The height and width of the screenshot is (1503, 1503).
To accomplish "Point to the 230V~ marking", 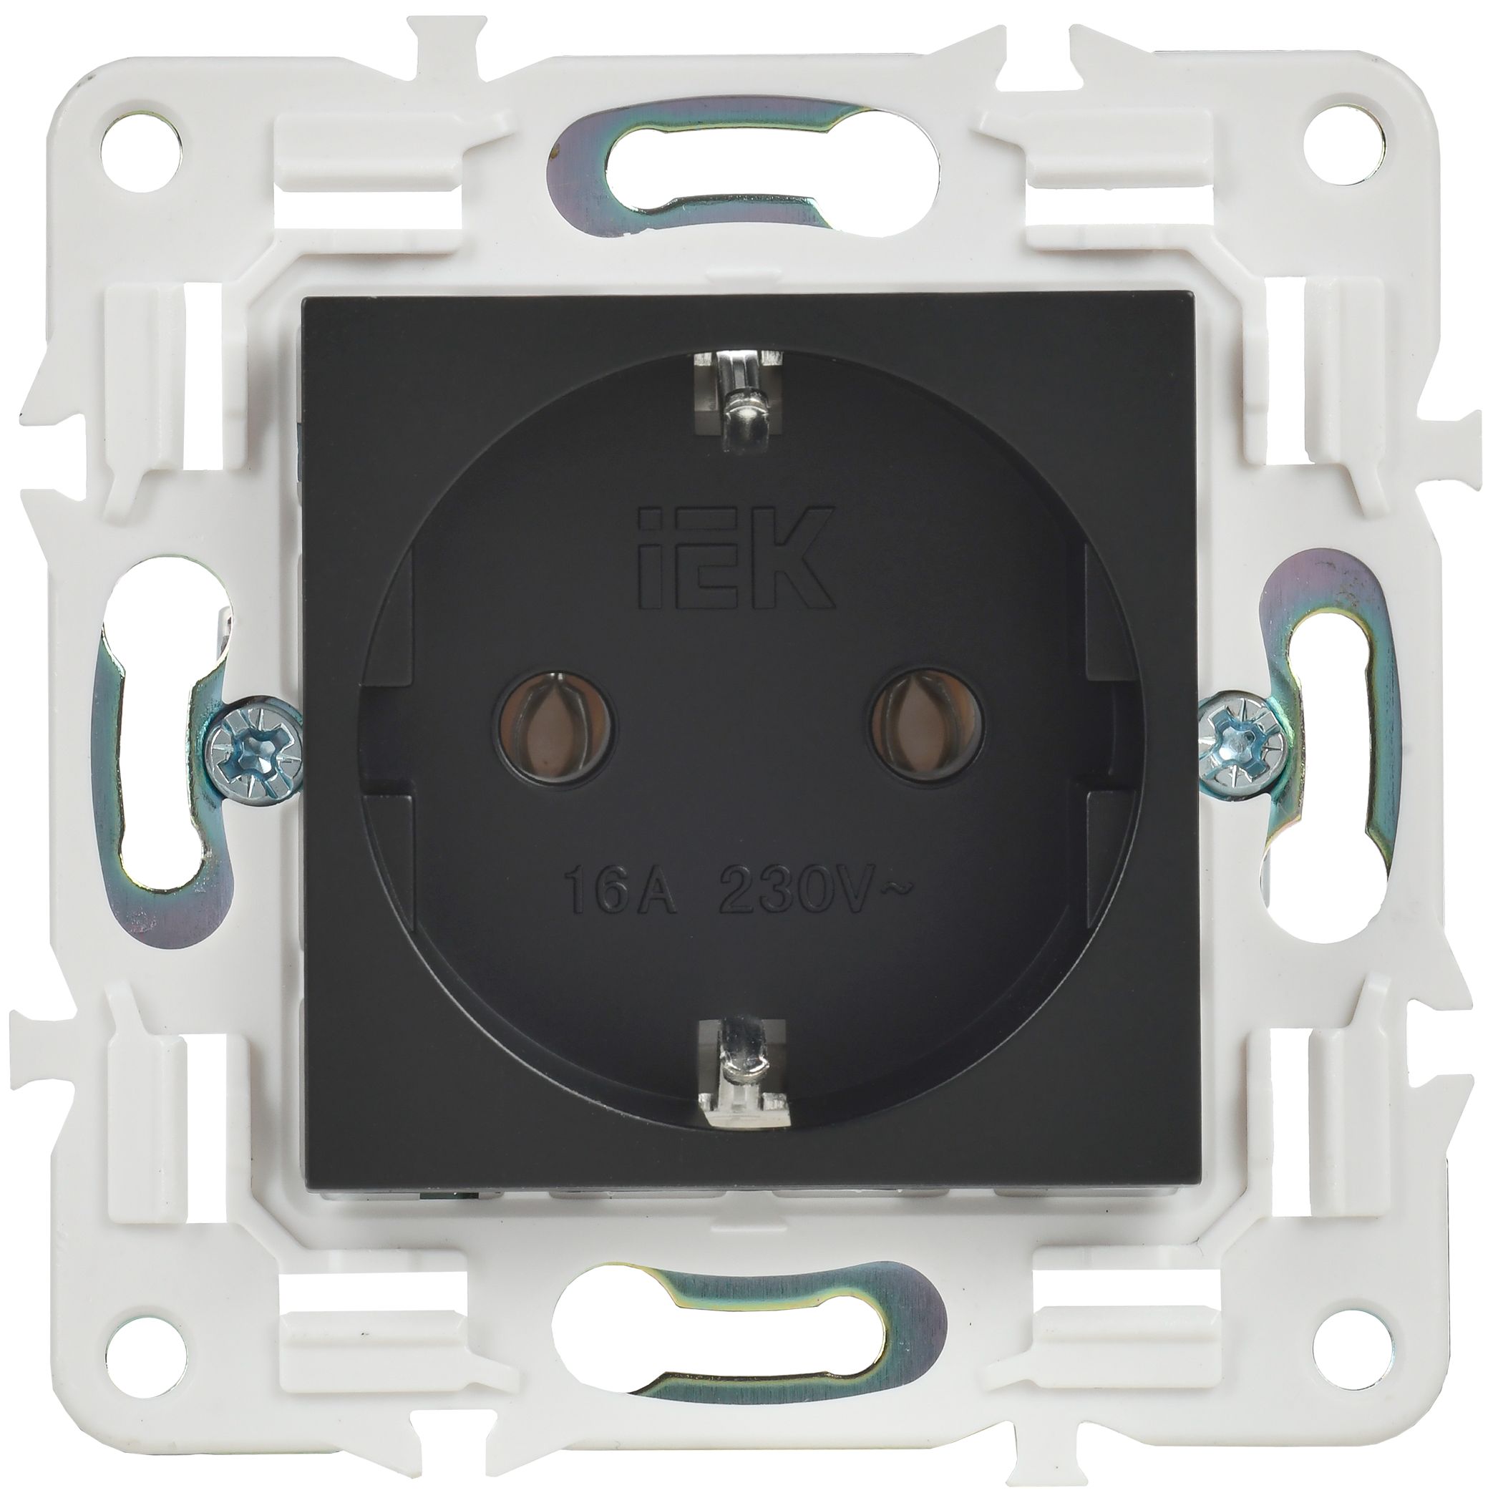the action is pos(816,902).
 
